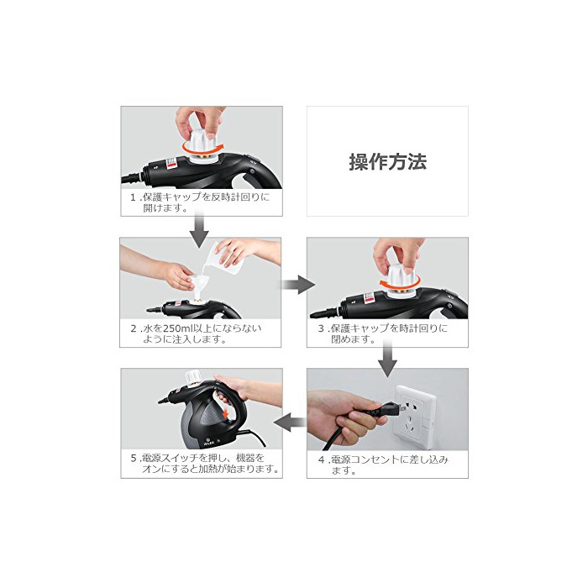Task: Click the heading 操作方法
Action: [388, 162]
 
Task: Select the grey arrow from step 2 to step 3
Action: [298, 285]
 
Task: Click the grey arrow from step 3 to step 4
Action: [387, 358]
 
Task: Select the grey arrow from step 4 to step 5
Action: [291, 423]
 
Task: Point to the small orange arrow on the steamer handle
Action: [225, 414]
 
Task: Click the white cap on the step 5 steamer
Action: [193, 378]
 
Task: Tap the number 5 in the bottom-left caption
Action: [134, 459]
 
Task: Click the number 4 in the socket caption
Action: [322, 459]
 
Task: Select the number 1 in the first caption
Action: [133, 197]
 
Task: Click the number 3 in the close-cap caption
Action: [321, 329]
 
